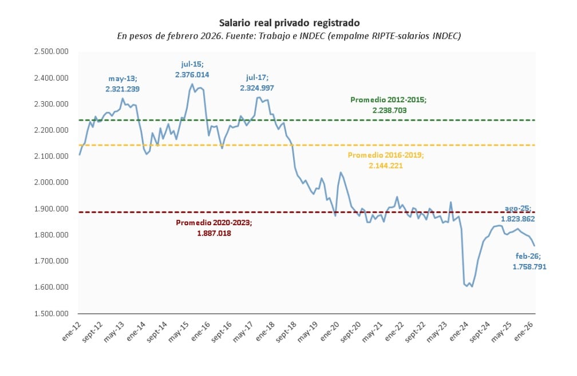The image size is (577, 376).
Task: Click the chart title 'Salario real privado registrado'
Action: (289, 23)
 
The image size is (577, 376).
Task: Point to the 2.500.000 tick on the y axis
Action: (52, 51)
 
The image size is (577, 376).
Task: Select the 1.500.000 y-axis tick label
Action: (52, 314)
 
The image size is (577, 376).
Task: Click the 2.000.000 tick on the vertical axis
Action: (52, 182)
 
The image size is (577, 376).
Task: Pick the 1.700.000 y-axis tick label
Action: (52, 261)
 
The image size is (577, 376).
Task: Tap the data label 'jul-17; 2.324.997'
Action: (257, 82)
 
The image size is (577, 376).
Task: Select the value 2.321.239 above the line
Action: (122, 89)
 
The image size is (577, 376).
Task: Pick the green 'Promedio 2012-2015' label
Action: (388, 105)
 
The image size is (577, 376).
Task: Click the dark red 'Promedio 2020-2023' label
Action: (213, 228)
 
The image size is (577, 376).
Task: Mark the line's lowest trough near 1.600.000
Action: (472, 286)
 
